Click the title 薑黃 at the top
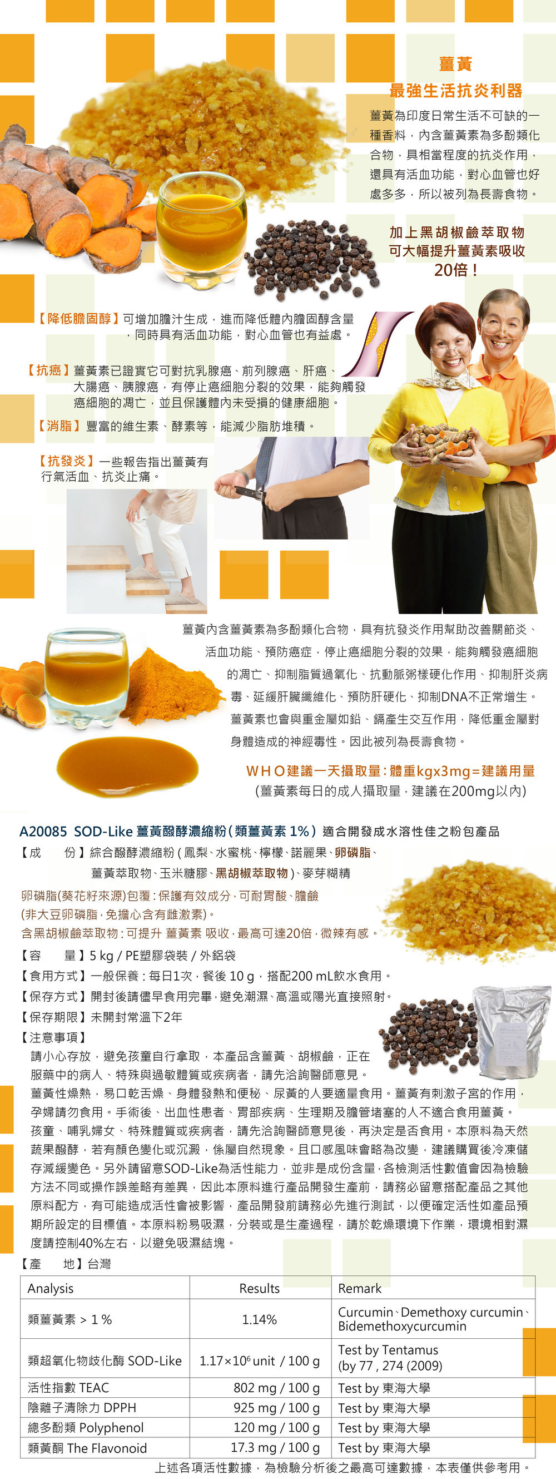click(455, 65)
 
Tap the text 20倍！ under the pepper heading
click(456, 270)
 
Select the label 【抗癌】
click(48, 370)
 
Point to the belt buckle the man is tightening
click(252, 492)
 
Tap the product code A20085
click(43, 831)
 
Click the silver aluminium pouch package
click(510, 1032)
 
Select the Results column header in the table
click(259, 1288)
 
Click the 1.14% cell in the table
click(259, 1319)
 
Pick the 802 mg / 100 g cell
click(276, 1388)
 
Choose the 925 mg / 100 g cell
click(276, 1408)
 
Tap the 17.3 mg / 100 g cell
click(275, 1448)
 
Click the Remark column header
click(360, 1288)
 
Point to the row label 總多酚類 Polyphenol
click(86, 1428)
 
